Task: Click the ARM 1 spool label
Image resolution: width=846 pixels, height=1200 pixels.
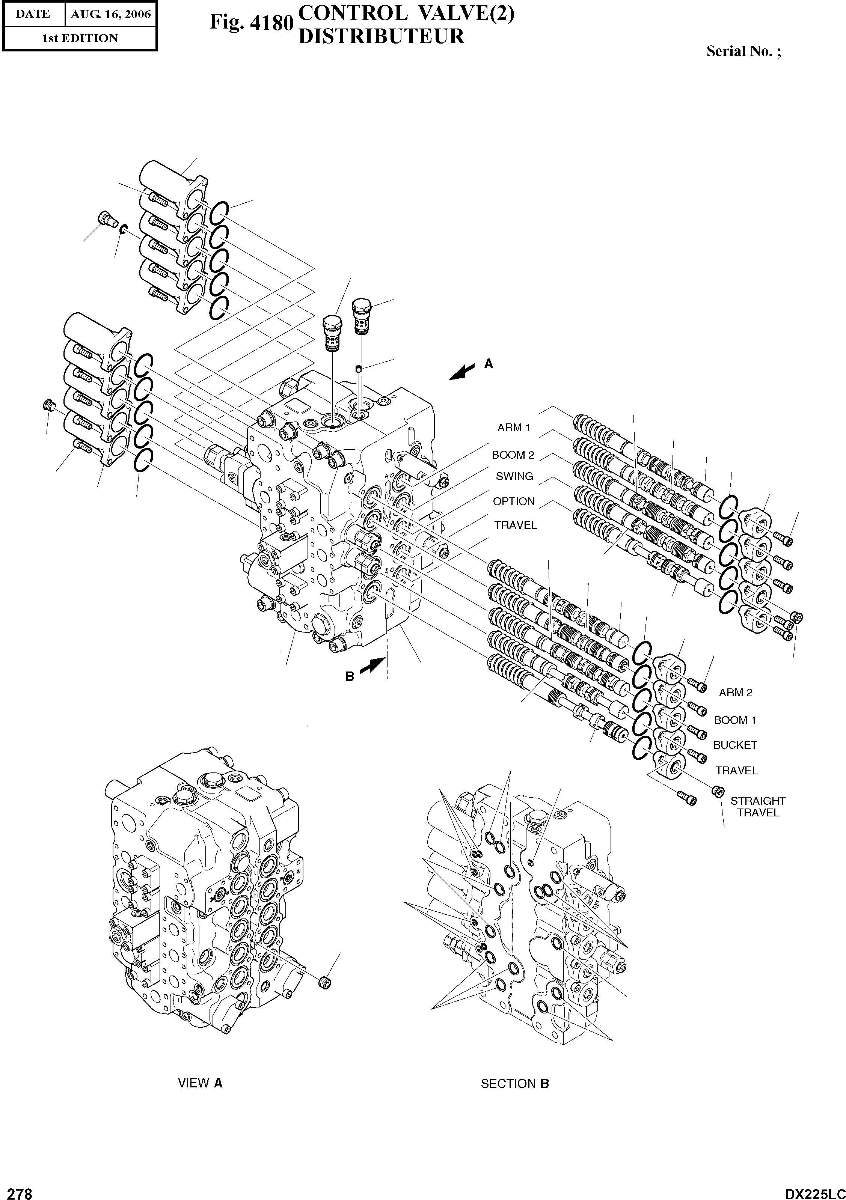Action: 513,428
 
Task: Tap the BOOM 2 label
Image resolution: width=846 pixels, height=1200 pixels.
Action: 513,455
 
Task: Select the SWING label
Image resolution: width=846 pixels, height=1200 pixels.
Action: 514,476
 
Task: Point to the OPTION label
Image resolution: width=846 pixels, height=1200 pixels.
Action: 514,501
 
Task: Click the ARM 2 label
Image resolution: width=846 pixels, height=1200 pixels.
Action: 735,693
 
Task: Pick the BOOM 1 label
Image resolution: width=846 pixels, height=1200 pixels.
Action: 734,720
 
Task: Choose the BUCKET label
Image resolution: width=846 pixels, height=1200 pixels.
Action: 734,745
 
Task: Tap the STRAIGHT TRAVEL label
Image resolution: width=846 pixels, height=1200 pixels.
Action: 758,807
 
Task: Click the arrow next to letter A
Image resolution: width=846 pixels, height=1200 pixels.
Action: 463,372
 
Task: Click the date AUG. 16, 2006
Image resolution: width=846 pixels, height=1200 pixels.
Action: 110,14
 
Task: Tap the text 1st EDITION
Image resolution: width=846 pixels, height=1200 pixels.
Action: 80,38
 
